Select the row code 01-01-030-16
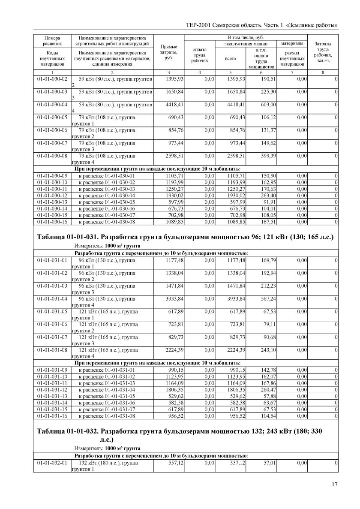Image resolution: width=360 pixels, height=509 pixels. click(53, 221)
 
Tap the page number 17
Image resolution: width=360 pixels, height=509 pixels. click(335, 485)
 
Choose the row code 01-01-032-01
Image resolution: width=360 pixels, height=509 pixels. click(53, 463)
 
